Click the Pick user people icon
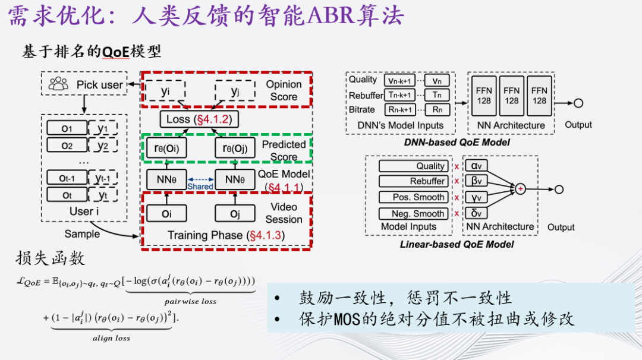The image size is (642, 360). tap(58, 84)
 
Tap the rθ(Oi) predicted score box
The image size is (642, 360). tap(167, 149)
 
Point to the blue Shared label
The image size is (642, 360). tap(200, 186)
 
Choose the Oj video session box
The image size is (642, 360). tap(234, 214)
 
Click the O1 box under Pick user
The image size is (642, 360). tap(67, 129)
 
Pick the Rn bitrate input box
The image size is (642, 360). tap(437, 109)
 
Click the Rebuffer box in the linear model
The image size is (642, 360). tap(413, 181)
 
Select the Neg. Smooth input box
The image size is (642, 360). tap(413, 213)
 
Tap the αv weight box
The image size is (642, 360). tap(477, 166)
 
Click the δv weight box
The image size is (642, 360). tap(477, 213)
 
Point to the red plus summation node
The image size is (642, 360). tap(521, 189)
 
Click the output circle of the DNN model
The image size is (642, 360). tap(578, 103)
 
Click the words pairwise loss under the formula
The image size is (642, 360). tap(190, 302)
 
